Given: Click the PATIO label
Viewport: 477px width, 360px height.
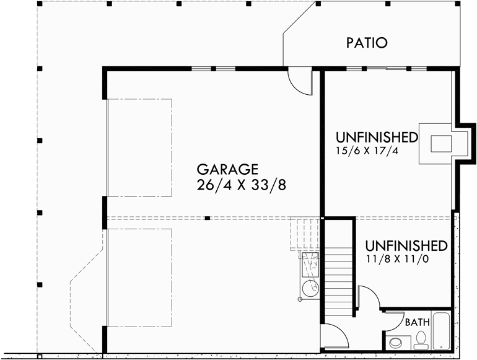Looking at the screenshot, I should click(367, 43).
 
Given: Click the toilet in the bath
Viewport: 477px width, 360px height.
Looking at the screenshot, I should click(421, 338).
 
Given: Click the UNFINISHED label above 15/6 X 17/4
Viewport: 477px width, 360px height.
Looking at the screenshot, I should click(377, 136).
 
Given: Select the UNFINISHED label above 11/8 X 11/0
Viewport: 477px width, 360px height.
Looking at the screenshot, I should click(406, 245).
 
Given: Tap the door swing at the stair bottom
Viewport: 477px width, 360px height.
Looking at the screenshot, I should click(335, 338).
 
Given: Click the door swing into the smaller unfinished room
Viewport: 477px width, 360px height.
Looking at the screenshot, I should click(368, 297).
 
